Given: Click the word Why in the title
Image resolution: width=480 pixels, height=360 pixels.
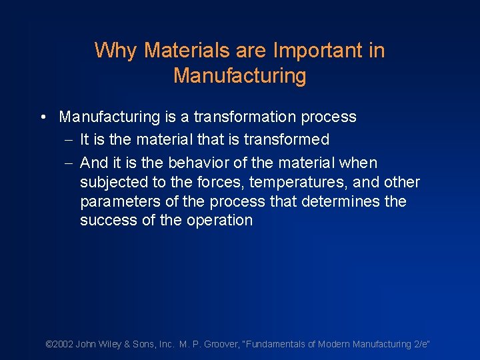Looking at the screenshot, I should pyautogui.click(x=117, y=51).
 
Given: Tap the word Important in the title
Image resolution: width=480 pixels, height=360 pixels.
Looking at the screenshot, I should pyautogui.click(x=311, y=51).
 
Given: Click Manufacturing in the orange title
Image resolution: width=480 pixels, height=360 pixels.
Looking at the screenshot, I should pyautogui.click(x=240, y=76).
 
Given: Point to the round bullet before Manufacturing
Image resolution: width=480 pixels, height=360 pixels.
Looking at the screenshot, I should pyautogui.click(x=42, y=117).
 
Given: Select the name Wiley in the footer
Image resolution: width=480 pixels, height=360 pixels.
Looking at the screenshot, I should pyautogui.click(x=111, y=344).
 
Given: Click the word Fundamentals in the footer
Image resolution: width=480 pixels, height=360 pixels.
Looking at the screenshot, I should pyautogui.click(x=279, y=344).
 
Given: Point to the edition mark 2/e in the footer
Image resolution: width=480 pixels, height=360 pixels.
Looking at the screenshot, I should pyautogui.click(x=420, y=344).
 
